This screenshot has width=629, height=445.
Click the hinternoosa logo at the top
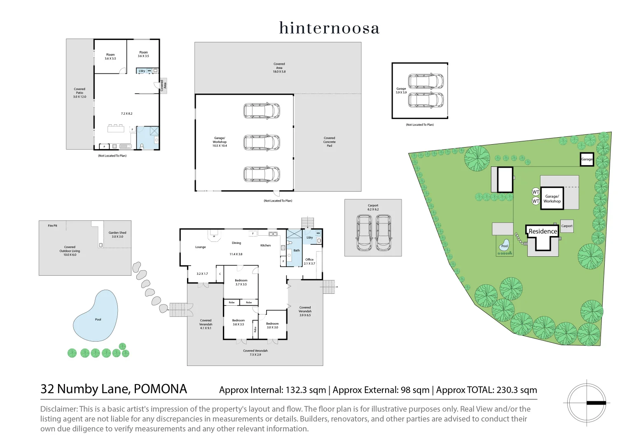point(329,28)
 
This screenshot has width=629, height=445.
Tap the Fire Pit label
point(52,226)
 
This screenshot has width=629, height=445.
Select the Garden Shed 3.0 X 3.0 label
point(117,234)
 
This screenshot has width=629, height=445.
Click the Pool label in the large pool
point(98,319)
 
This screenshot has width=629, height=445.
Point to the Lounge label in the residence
point(201,247)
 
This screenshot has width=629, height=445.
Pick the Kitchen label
point(266,246)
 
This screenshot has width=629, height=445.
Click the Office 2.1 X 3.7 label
point(309,261)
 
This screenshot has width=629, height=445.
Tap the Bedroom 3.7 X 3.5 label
point(241,282)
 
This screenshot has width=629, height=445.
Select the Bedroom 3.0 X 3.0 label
point(272,326)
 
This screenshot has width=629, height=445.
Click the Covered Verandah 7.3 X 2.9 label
point(255,353)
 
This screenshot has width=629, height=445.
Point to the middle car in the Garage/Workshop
point(262,143)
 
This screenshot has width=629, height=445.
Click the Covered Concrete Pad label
point(329,142)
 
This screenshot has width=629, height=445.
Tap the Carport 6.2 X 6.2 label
point(373,207)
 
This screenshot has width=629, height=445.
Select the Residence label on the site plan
point(542,232)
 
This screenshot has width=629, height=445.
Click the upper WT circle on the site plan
point(535,192)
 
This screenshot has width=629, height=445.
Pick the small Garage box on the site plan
point(587,159)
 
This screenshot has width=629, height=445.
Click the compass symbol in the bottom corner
point(587,403)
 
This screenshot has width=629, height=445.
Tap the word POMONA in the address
point(160,389)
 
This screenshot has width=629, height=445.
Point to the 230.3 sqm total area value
point(517,390)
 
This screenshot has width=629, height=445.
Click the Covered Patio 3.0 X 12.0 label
point(80,93)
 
